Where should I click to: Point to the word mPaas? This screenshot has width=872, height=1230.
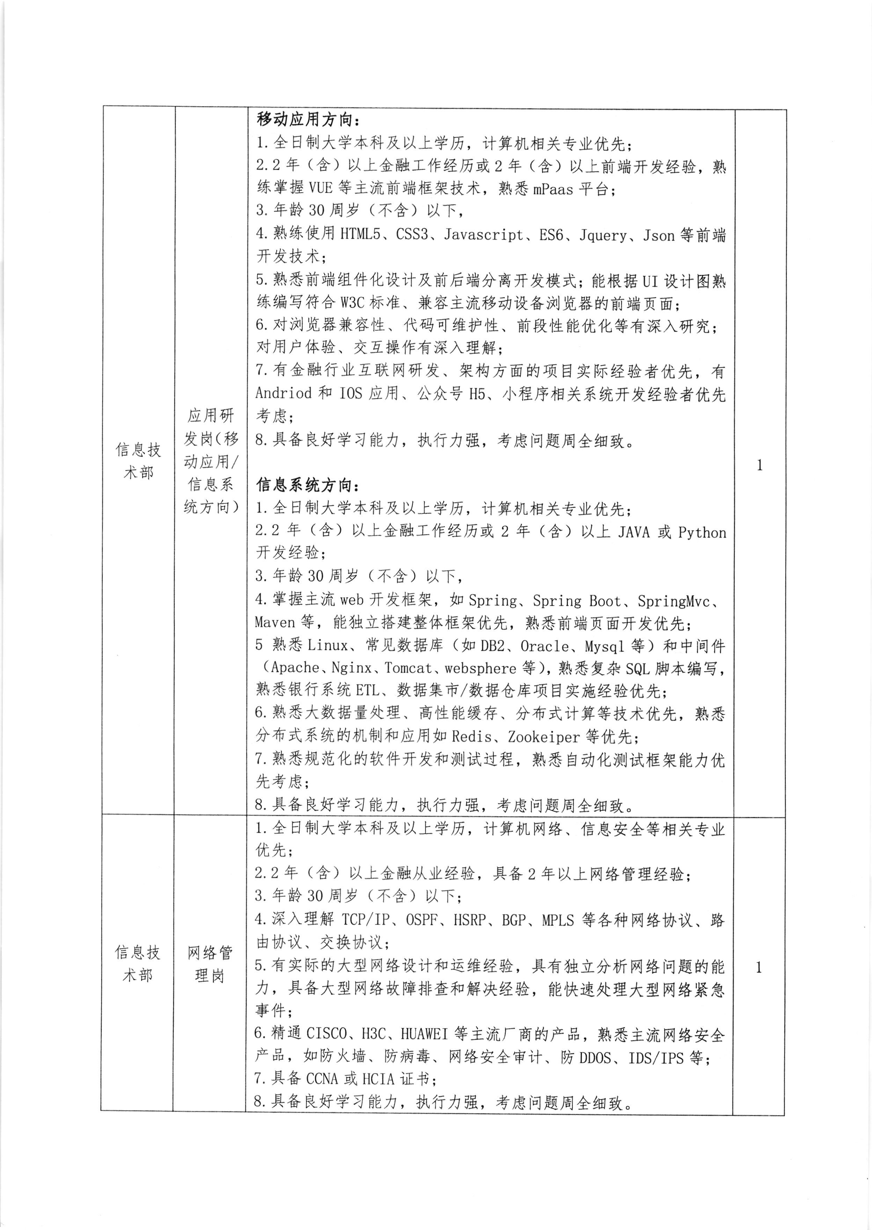[553, 189]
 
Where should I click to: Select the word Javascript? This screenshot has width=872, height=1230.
[483, 235]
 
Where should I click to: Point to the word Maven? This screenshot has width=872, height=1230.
[275, 623]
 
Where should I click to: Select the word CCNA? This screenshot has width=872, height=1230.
[322, 1079]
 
